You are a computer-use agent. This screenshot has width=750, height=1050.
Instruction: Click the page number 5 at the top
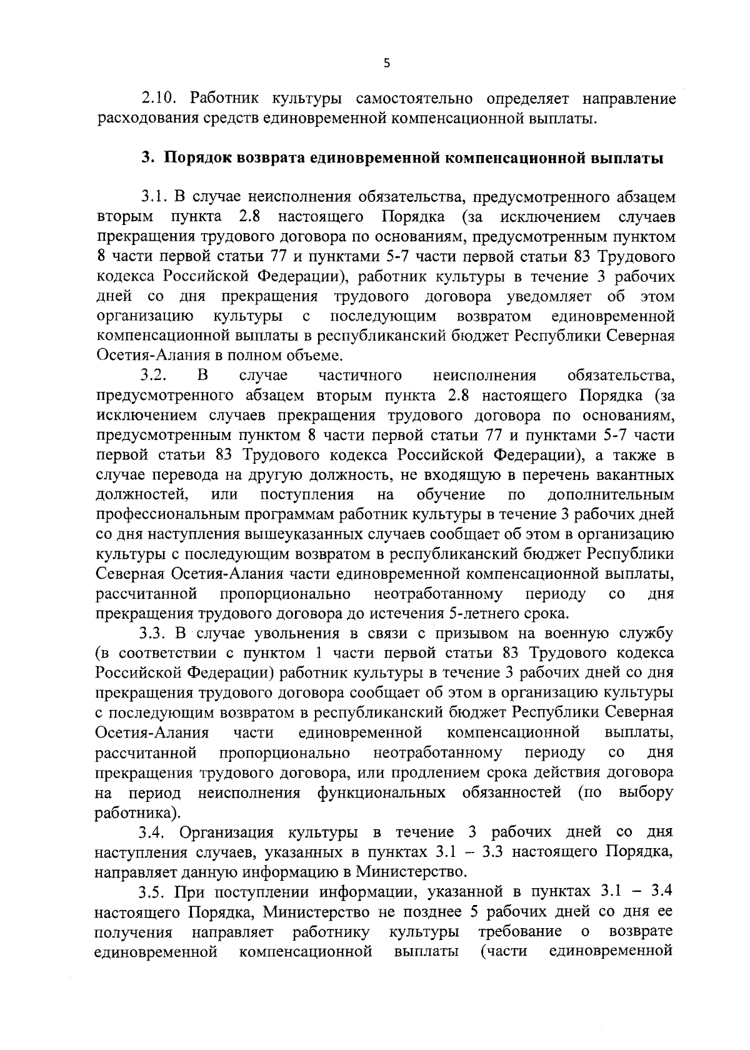[x=386, y=63]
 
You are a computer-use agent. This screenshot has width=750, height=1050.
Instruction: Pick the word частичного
[x=360, y=376]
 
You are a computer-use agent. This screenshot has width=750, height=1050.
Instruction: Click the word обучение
[x=451, y=495]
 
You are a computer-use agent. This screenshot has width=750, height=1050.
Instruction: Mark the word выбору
[x=646, y=792]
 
